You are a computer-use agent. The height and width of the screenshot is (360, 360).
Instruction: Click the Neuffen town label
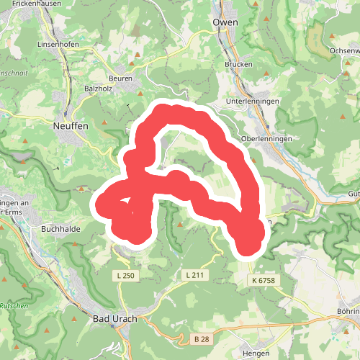[71, 125]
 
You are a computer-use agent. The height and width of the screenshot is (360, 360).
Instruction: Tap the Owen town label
[225, 23]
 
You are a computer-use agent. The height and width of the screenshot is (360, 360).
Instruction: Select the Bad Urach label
[115, 319]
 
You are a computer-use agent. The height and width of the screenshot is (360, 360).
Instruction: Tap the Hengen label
[256, 354]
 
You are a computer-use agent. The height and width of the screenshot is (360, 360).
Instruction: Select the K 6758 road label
[264, 279]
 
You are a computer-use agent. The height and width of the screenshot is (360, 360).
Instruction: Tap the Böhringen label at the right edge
[348, 311]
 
